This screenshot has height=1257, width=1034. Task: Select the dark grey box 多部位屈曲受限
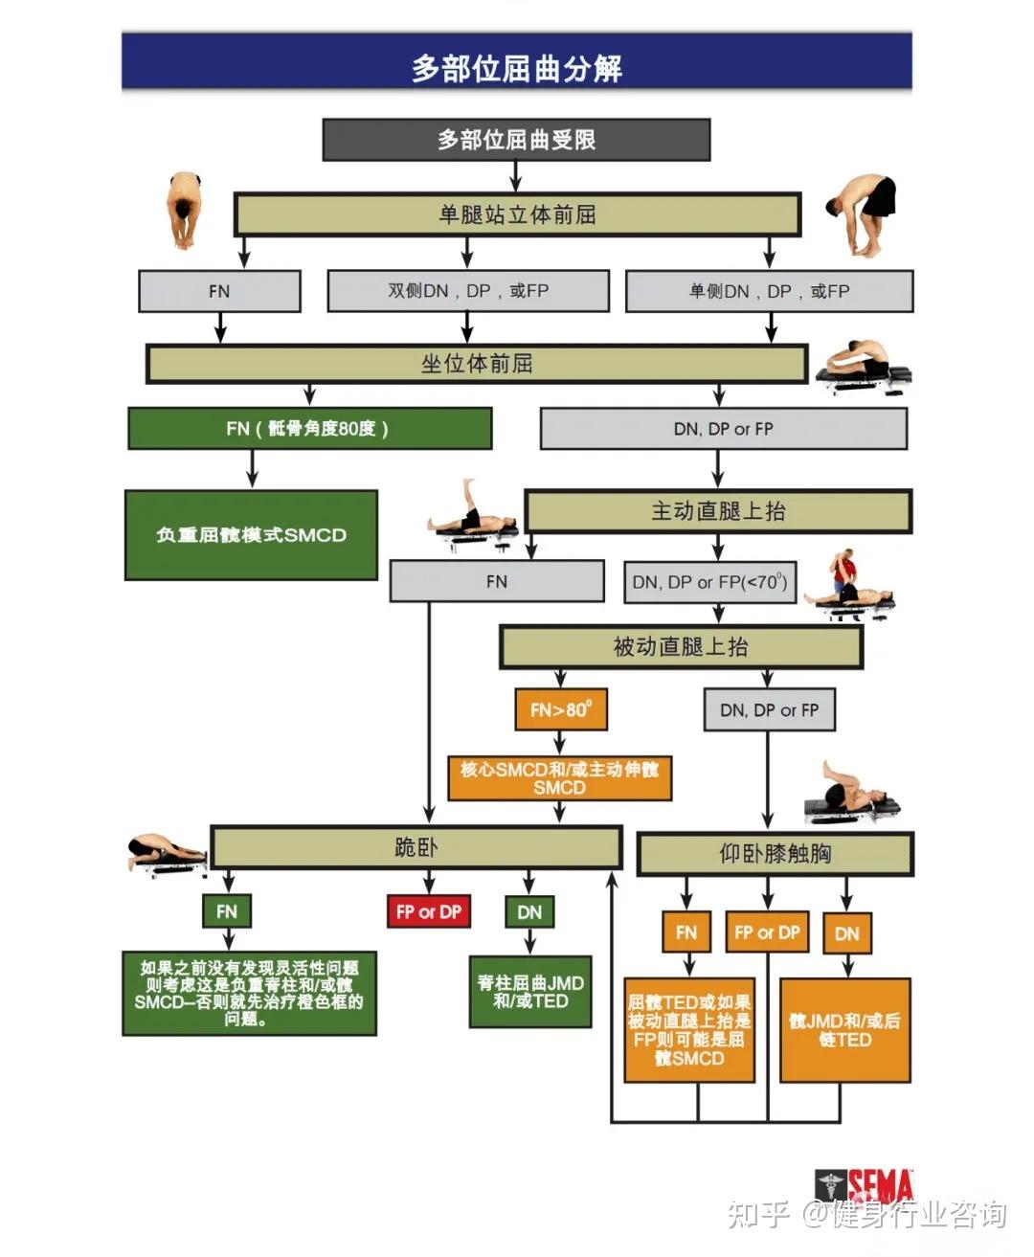pos(516,140)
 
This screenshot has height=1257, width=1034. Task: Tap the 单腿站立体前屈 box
pos(517,214)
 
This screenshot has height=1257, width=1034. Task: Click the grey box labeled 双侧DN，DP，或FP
pos(468,290)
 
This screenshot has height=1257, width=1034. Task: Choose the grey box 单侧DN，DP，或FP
pos(769,290)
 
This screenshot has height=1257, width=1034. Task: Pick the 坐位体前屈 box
pos(477,364)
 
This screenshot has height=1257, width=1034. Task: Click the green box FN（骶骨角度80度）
pos(309,428)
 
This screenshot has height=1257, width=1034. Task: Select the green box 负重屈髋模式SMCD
pos(251,535)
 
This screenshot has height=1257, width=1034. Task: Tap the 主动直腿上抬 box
pos(718,511)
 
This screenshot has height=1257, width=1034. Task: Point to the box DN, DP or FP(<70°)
pos(709,581)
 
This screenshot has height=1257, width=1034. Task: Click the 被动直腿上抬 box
pos(680,647)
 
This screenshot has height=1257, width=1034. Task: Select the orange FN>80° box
pos(561,709)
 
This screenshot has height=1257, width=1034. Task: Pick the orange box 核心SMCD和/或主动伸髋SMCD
pos(559,778)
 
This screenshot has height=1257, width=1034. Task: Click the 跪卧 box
pos(416,847)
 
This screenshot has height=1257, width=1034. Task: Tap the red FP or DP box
pos(428,912)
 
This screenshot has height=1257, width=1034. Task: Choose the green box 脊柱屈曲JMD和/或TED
pos(530,992)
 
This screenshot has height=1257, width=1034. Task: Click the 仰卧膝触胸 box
pos(775,853)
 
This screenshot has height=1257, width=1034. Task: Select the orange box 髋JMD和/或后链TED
pos(844,1030)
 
